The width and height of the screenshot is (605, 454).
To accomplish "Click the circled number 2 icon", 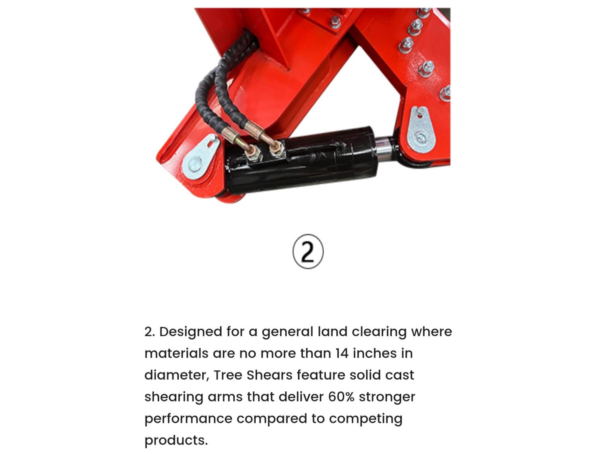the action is (308, 251).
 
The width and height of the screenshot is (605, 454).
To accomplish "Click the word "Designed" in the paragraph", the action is (191, 332).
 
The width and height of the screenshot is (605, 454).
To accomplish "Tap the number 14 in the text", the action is (342, 353).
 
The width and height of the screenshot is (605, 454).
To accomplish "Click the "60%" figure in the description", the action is (341, 397).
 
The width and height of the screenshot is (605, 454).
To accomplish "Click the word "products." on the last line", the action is (176, 441).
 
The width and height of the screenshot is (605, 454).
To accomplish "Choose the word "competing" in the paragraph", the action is (365, 419).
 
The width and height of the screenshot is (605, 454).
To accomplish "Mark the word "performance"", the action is (188, 419).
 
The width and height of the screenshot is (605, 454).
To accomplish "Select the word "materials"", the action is (176, 353).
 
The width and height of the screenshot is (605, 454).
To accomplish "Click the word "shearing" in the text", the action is (174, 397).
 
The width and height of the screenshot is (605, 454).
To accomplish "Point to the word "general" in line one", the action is (287, 332).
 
